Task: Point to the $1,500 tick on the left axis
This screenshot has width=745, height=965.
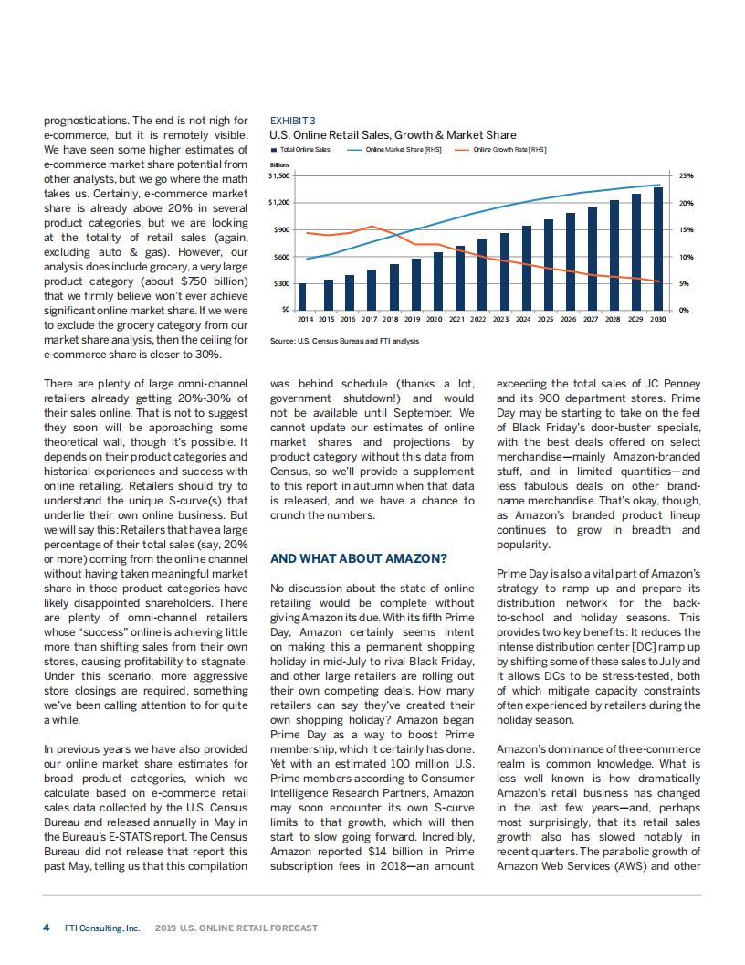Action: click(x=278, y=175)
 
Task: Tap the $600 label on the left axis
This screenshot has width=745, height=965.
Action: click(x=281, y=256)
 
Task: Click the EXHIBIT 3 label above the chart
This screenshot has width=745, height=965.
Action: click(x=293, y=120)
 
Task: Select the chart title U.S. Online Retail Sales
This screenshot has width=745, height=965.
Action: click(x=393, y=135)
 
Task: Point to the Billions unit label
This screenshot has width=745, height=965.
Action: click(x=279, y=164)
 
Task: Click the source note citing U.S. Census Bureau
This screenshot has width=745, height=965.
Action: click(x=345, y=341)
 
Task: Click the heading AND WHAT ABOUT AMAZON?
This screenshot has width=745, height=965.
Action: click(x=359, y=558)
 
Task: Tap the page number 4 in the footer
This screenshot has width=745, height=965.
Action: click(x=47, y=928)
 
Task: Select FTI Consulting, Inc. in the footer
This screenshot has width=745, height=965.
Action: click(x=102, y=928)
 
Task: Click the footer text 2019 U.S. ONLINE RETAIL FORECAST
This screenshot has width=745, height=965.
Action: click(x=236, y=928)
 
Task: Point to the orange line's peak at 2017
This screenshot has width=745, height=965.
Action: click(x=371, y=226)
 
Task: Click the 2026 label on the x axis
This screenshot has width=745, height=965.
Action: click(x=570, y=320)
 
